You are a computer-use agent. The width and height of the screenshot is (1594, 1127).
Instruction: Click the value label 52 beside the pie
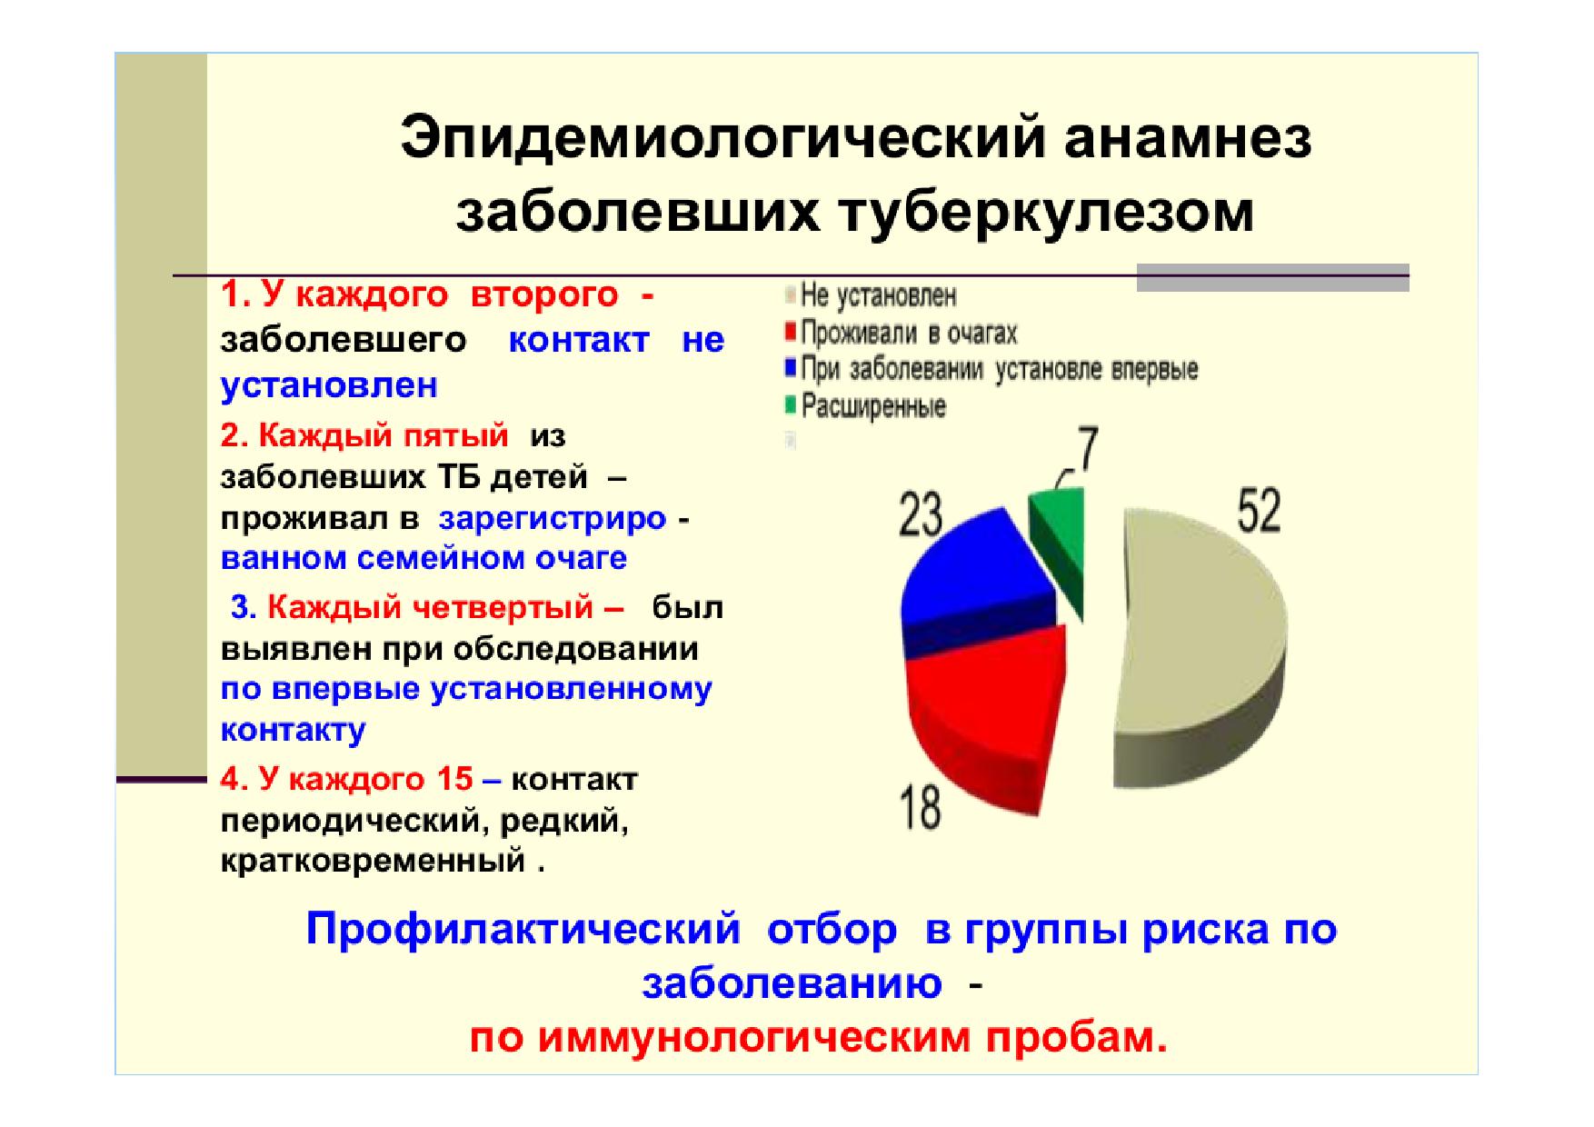tap(1259, 511)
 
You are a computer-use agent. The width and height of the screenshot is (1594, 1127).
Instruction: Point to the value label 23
tap(921, 515)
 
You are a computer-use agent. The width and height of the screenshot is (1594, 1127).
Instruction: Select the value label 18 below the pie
tap(920, 805)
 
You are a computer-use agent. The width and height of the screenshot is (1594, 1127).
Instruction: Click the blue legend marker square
tap(791, 368)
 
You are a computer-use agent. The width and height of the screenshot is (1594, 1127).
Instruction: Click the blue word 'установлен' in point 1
tap(329, 385)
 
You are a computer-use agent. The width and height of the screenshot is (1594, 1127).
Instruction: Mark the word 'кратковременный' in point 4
tap(374, 861)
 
